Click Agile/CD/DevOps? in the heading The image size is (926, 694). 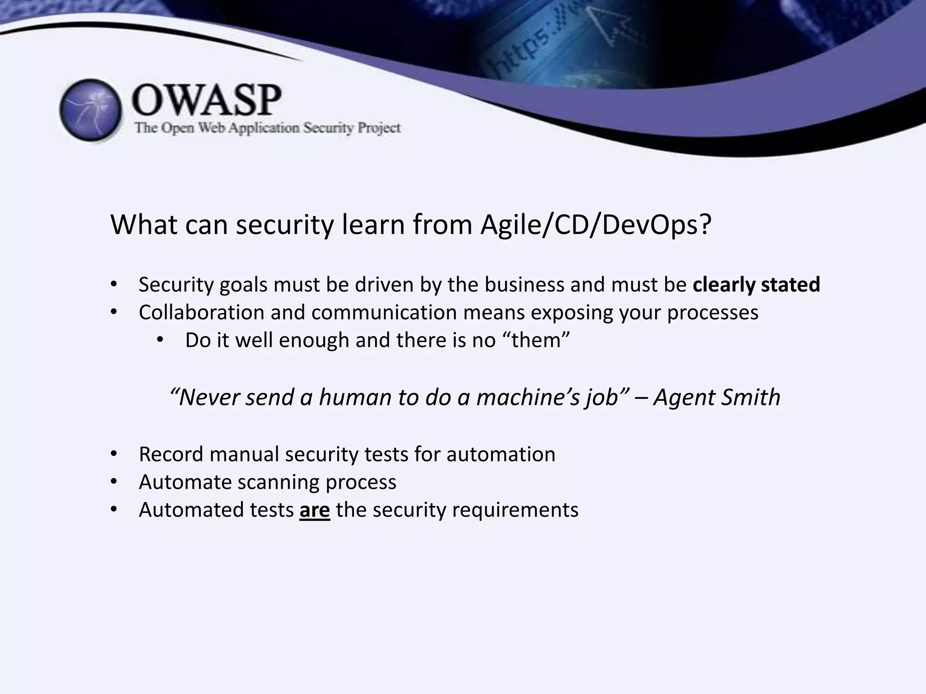[596, 225]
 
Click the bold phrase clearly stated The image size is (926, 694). [756, 285]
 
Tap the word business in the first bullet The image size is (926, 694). [517, 285]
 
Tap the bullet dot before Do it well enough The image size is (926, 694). [160, 340]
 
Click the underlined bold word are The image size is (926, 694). [314, 510]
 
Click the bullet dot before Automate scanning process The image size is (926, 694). [113, 482]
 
